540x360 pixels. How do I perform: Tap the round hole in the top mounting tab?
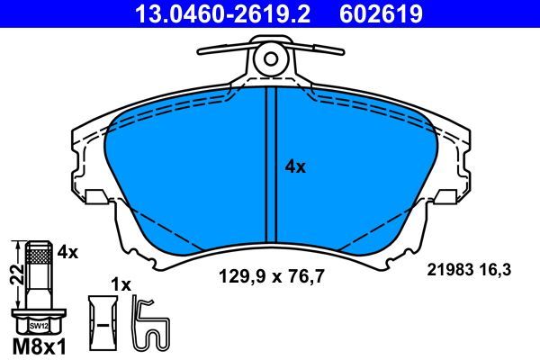(x=270, y=59)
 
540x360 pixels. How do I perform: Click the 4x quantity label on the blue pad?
(x=295, y=166)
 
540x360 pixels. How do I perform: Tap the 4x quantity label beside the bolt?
(x=67, y=253)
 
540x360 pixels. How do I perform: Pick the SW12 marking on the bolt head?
(x=38, y=325)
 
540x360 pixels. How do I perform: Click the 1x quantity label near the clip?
(x=121, y=284)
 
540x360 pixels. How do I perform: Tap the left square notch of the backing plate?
(x=96, y=196)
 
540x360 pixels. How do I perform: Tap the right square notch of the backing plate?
(x=445, y=196)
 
